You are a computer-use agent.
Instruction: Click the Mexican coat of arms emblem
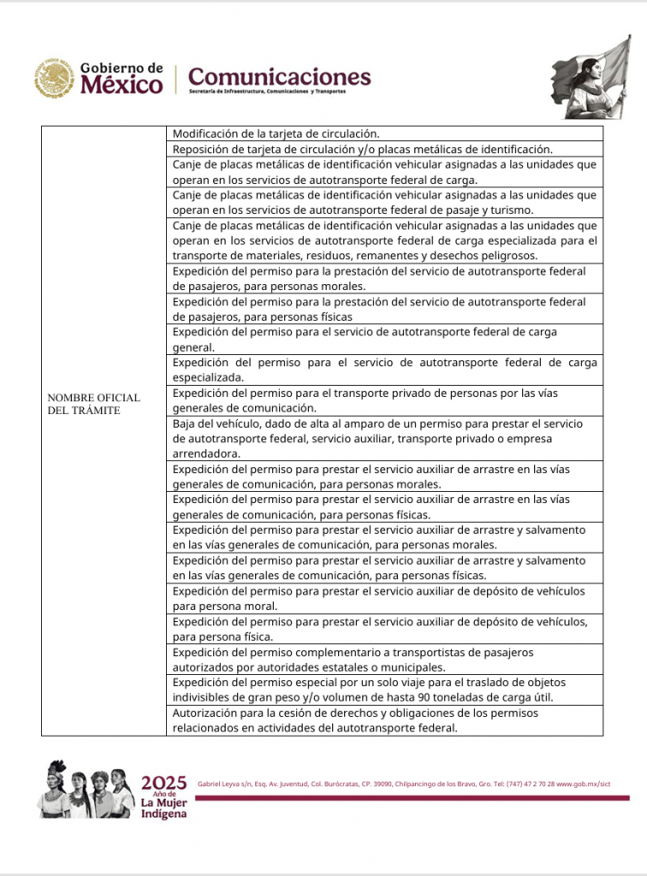(x=55, y=79)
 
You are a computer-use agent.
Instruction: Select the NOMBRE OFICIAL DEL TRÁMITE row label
(x=93, y=404)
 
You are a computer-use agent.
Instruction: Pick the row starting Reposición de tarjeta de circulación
(x=362, y=149)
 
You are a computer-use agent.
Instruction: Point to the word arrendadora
(x=205, y=453)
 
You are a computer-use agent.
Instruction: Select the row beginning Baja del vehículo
(x=377, y=438)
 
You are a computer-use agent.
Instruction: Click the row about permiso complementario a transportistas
(x=353, y=660)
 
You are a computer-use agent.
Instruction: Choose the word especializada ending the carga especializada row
(x=208, y=377)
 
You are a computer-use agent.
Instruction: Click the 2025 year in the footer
(x=163, y=783)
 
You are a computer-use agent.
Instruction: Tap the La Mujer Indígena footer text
(x=163, y=808)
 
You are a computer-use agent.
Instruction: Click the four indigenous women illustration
(x=86, y=790)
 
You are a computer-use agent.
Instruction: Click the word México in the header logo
(x=121, y=86)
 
